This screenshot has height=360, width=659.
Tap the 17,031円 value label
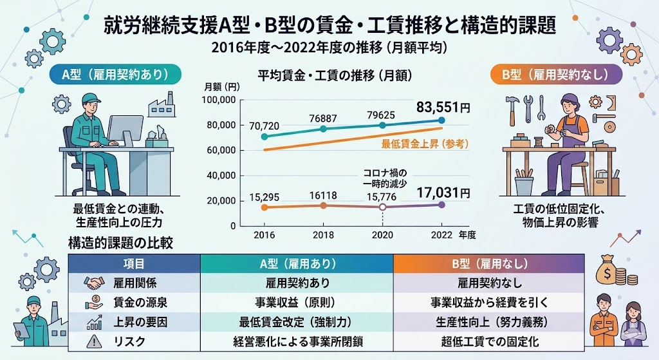pos(445,192)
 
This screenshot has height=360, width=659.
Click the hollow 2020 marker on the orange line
pos(382,207)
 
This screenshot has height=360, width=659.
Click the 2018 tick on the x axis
pos(324,235)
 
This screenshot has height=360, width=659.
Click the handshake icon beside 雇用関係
pos(93,283)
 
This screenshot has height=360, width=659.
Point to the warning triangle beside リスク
pos(93,341)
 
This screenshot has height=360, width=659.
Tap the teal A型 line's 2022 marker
pos(441,120)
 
